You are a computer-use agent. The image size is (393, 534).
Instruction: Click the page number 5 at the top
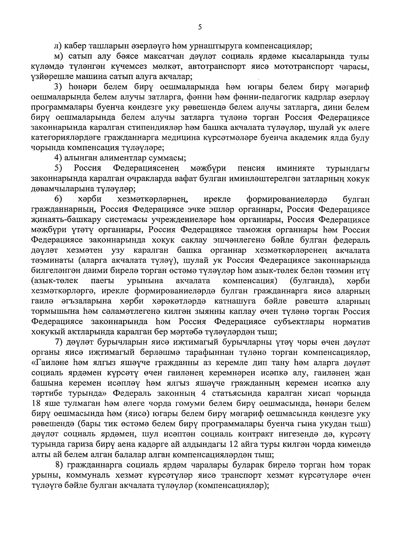pyautogui.click(x=200, y=28)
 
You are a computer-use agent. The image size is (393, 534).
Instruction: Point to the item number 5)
pyautogui.click(x=58, y=168)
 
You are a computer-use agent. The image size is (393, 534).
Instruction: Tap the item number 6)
pyautogui.click(x=58, y=199)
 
